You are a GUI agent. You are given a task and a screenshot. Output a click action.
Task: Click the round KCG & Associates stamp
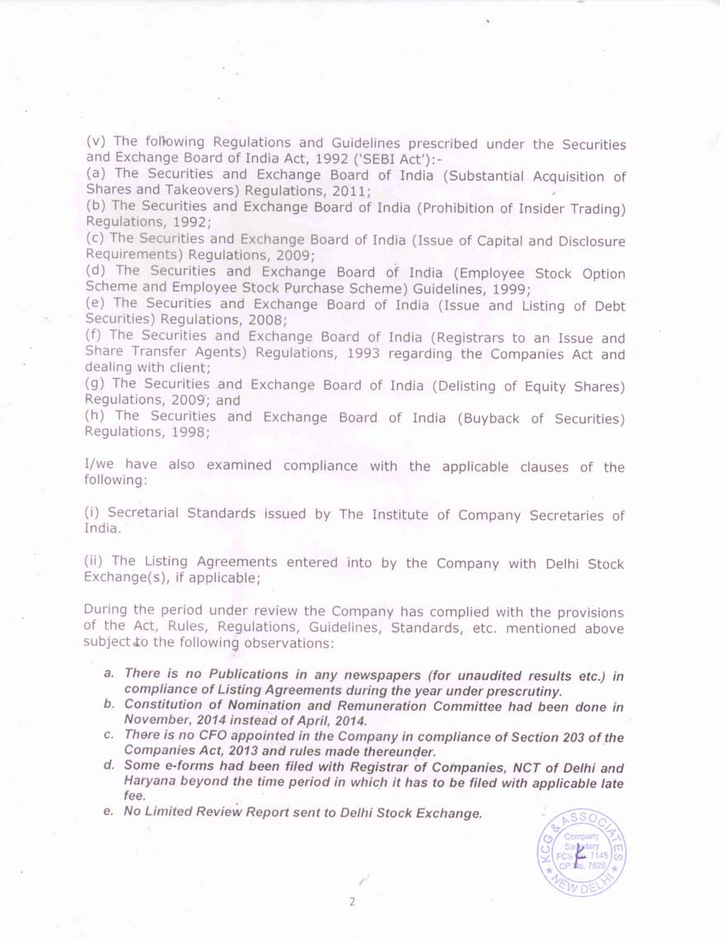[581, 850]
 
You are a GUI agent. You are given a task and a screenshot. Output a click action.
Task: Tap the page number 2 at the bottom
[352, 901]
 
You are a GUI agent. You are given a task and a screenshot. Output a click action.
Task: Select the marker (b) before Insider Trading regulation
[96, 207]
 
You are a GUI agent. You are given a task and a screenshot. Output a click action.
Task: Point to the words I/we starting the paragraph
[101, 465]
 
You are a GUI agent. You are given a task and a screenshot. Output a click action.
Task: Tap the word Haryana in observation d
[150, 782]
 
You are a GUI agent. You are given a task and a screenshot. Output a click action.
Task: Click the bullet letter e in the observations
[108, 812]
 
